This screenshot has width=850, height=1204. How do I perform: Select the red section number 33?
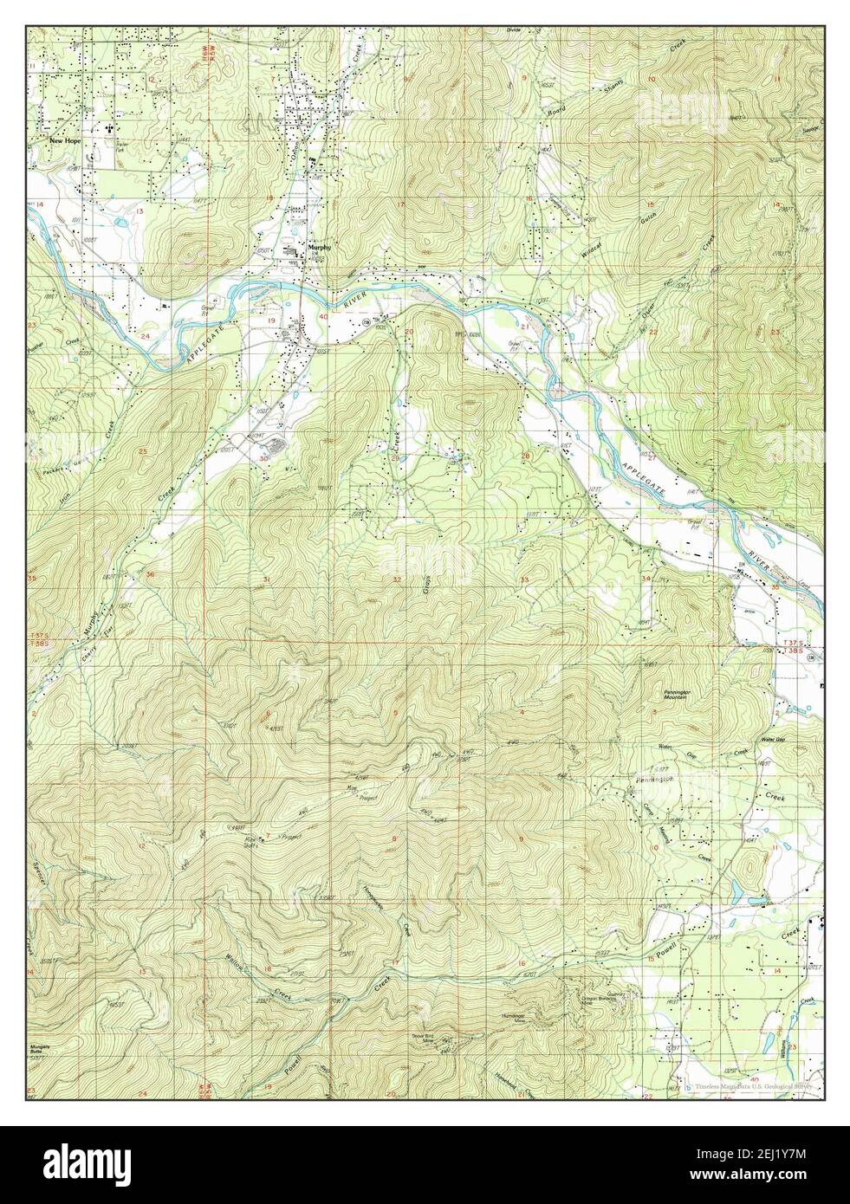(523, 579)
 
